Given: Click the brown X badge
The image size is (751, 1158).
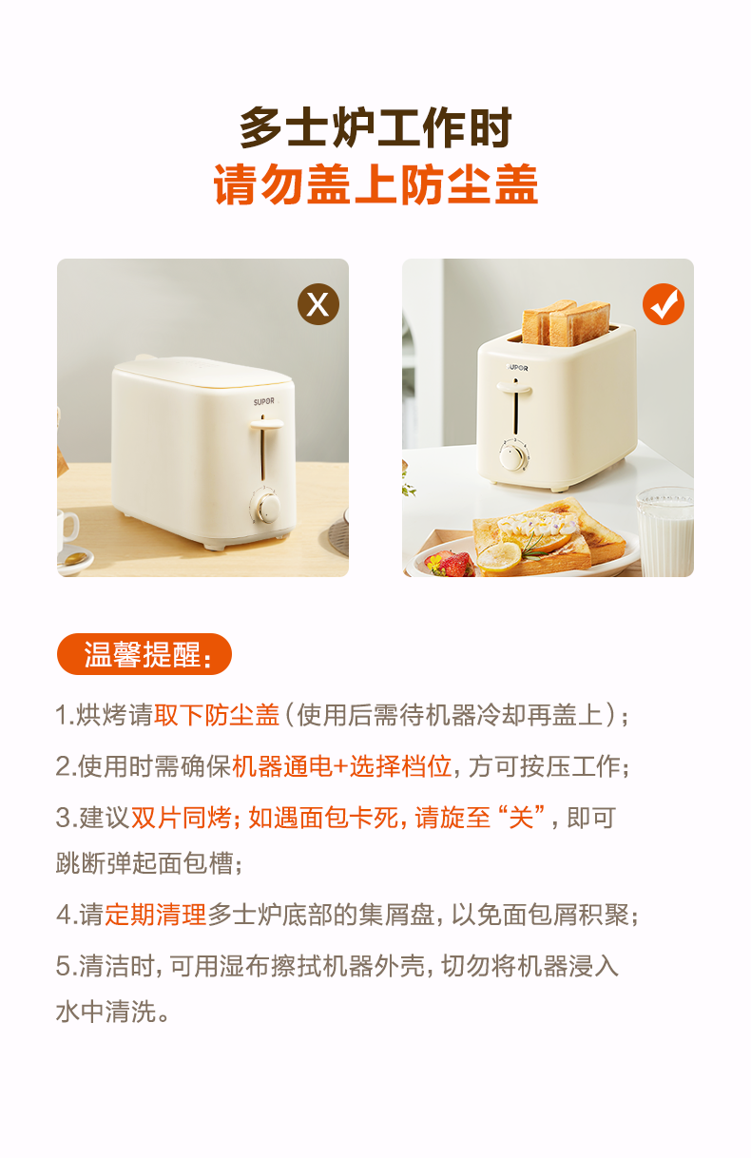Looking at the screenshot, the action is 318,304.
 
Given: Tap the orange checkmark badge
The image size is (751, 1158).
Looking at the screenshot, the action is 664,304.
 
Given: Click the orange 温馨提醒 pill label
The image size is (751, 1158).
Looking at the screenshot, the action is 144,654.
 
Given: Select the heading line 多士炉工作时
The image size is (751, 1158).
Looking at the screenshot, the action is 375,127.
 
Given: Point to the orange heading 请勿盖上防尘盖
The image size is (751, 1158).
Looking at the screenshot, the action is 375,184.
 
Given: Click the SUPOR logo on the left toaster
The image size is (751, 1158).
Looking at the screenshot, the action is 263,401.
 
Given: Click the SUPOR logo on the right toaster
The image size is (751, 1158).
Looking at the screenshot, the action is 517,368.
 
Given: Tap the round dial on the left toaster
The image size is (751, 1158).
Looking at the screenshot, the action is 268,507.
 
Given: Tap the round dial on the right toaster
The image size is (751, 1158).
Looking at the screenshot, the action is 511,457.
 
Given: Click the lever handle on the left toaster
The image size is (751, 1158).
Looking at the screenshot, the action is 267,424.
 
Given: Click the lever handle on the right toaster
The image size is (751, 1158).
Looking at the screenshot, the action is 514,388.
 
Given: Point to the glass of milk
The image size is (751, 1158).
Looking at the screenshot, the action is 665,532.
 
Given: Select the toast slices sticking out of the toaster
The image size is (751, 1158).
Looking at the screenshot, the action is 566,322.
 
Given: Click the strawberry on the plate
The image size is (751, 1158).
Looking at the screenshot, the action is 449,564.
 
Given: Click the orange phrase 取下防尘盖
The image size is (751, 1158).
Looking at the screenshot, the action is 217,716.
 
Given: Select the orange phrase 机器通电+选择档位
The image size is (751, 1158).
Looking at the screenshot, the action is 341,766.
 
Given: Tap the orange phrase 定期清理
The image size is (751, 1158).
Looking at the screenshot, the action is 156,915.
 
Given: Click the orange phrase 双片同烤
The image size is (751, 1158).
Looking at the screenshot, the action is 181,818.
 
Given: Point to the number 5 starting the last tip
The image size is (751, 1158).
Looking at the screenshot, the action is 63,966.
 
